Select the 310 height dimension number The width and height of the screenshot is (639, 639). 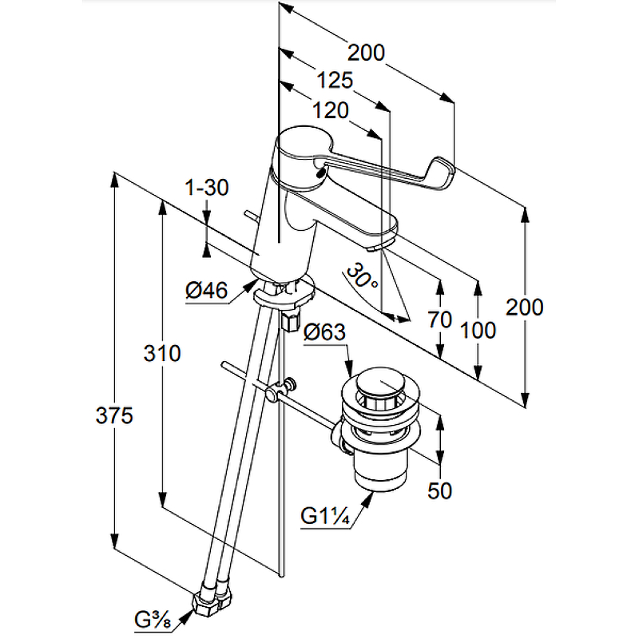click(x=162, y=353)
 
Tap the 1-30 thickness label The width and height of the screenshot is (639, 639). click(x=207, y=189)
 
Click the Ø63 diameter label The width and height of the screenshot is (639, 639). click(x=324, y=331)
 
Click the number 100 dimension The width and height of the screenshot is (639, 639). click(x=478, y=329)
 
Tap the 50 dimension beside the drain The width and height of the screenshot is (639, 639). click(x=439, y=490)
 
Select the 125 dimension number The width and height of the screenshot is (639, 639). click(x=335, y=81)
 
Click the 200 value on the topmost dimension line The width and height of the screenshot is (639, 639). click(x=367, y=53)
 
